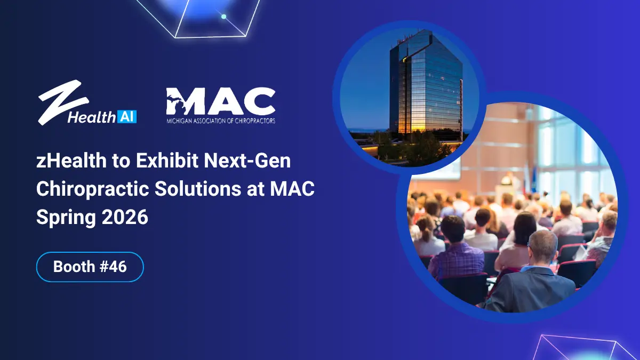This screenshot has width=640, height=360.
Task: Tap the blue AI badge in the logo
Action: pyautogui.click(x=126, y=117)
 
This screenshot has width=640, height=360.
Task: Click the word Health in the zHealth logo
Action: pyautogui.click(x=91, y=117)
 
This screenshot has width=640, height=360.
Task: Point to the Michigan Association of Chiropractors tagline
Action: pyautogui.click(x=220, y=121)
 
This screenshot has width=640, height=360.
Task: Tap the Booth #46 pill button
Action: pyautogui.click(x=90, y=267)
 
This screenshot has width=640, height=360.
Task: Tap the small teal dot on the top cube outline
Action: pyautogui.click(x=223, y=17)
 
